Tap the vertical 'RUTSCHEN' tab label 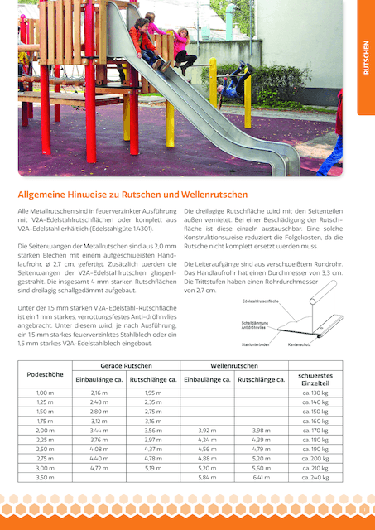pos(366,58)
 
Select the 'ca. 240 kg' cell pos(315,478)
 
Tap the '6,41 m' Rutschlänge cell pos(261,478)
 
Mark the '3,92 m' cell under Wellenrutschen pos(208,431)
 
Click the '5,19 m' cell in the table pos(153,468)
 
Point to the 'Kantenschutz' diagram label pos(299,344)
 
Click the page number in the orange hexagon pos(364,505)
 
